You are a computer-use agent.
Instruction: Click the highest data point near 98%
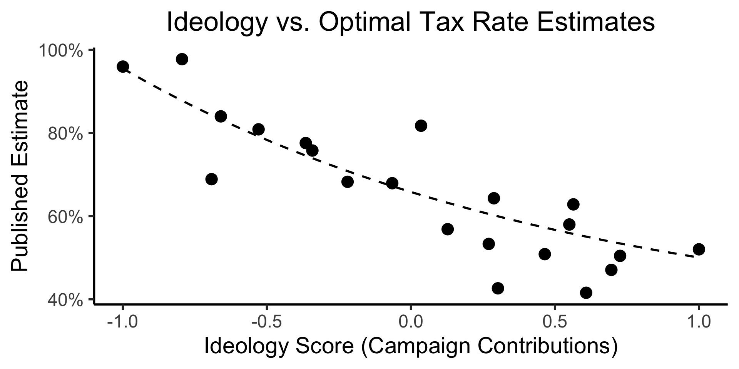[182, 59]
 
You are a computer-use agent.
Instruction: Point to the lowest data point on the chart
[586, 293]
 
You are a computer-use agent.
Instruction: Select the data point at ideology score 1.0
[699, 249]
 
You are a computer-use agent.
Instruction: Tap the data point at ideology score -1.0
[123, 66]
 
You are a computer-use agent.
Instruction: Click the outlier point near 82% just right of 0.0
[421, 126]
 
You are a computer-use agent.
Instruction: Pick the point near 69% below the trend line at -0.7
[211, 179]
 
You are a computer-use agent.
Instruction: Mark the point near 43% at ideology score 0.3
[498, 288]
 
